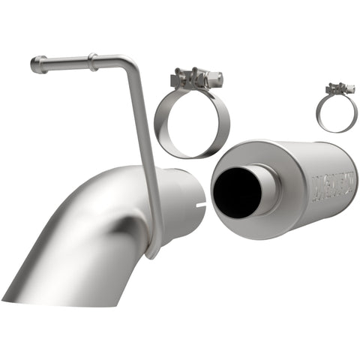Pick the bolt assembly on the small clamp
tap(339, 89)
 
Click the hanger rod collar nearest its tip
tap(43, 64)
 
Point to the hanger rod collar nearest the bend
tap(93, 61)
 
